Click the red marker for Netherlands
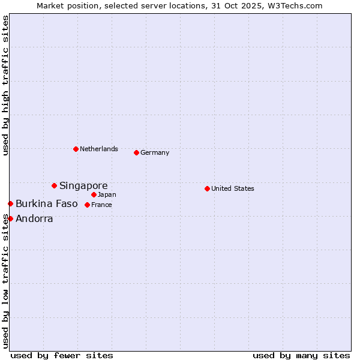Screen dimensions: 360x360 pyautogui.click(x=76, y=149)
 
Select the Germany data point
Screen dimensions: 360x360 pyautogui.click(x=136, y=152)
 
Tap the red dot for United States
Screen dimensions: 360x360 pyautogui.click(x=207, y=188)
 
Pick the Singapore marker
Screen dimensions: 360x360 pyautogui.click(x=54, y=185)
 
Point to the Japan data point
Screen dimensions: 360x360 pyautogui.click(x=94, y=194)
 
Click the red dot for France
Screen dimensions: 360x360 pyautogui.click(x=87, y=205)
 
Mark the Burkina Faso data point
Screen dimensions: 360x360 pyautogui.click(x=10, y=204)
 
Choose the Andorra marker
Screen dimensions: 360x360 pyautogui.click(x=10, y=218)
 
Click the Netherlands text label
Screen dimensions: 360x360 pyautogui.click(x=99, y=149)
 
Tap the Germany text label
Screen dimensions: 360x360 pyautogui.click(x=155, y=152)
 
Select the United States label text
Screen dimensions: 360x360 pyautogui.click(x=233, y=188)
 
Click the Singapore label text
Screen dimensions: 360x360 pyautogui.click(x=83, y=185)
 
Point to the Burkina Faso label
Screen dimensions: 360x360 pyautogui.click(x=47, y=204)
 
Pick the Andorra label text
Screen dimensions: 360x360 pyautogui.click(x=34, y=218)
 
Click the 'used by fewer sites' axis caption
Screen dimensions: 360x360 pyautogui.click(x=62, y=355)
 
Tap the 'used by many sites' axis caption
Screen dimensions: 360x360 pyautogui.click(x=301, y=355)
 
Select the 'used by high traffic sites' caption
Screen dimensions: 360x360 pyautogui.click(x=5, y=85)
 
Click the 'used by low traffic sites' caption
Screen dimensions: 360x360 pyautogui.click(x=5, y=281)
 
